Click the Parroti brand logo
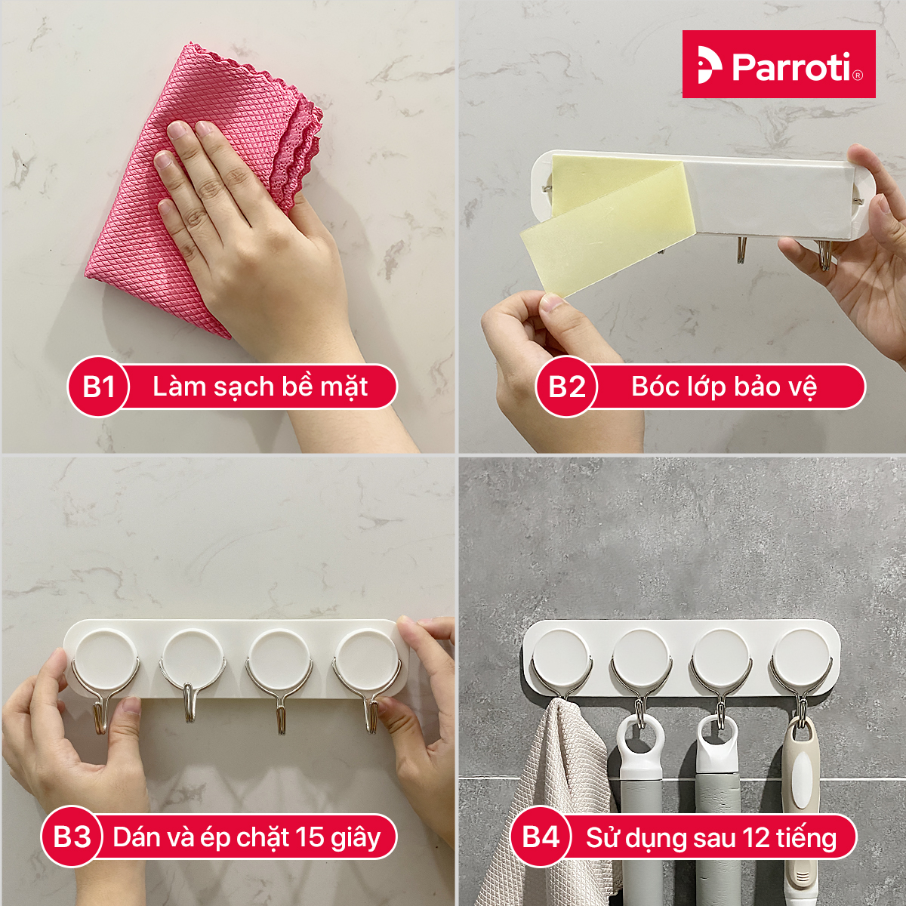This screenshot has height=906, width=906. [778, 64]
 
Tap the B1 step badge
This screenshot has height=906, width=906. [98, 387]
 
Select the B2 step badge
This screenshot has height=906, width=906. [566, 387]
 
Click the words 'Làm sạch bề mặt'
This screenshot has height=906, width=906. [260, 387]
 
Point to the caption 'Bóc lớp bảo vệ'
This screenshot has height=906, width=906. [724, 387]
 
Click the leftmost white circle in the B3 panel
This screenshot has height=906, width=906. [106, 659]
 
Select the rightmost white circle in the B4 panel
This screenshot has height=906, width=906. [800, 657]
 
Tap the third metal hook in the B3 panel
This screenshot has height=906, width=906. [279, 691]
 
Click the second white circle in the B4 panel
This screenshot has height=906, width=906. [639, 657]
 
